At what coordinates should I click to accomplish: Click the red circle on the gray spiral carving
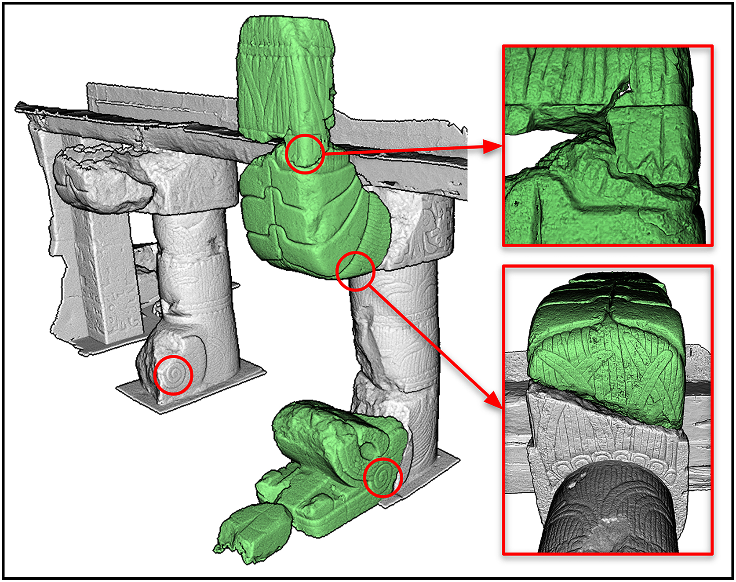click(x=174, y=375)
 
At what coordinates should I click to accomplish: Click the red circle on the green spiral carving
click(x=383, y=477)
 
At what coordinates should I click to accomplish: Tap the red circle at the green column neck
click(x=305, y=153)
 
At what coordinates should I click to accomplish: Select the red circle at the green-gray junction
click(x=355, y=271)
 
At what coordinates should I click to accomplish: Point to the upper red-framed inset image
click(x=608, y=145)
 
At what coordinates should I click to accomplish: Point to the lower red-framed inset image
click(x=608, y=409)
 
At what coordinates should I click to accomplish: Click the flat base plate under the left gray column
click(x=189, y=391)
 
